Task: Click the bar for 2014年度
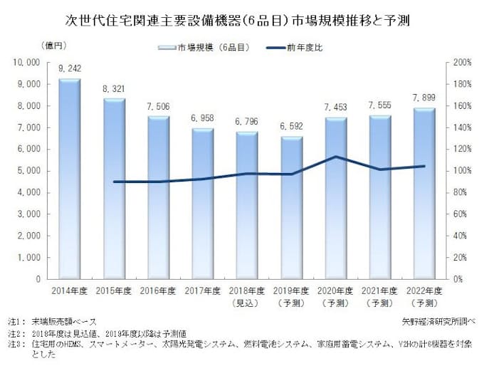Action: pyautogui.click(x=69, y=178)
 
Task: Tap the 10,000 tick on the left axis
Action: pyautogui.click(x=27, y=63)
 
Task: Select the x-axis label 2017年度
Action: pyautogui.click(x=201, y=291)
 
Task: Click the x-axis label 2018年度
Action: pyautogui.click(x=246, y=291)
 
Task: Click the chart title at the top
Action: pyautogui.click(x=242, y=17)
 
